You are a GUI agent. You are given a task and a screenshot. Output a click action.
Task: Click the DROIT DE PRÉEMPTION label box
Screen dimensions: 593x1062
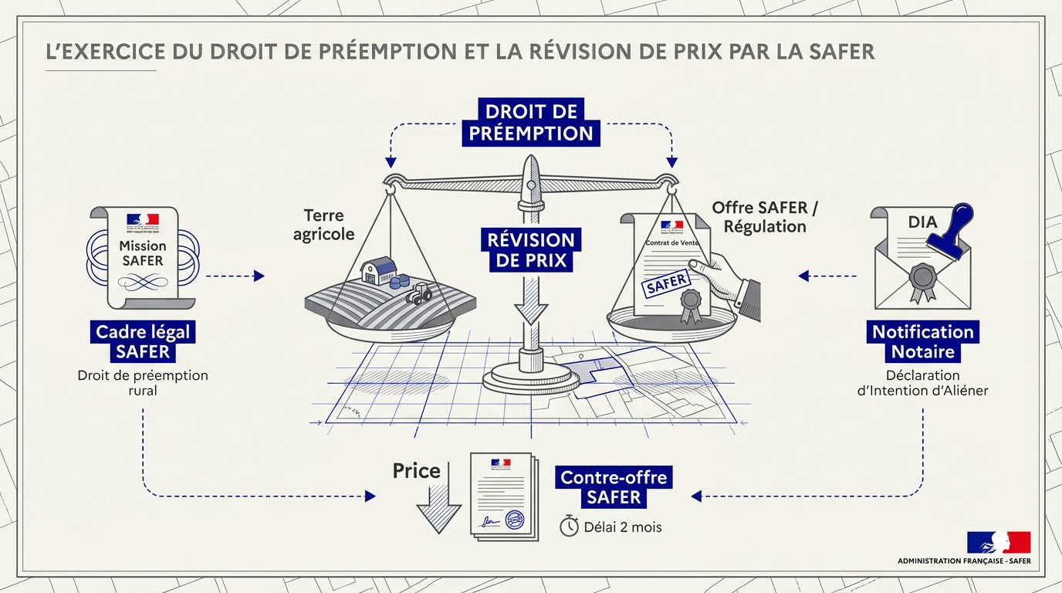coord(531,121)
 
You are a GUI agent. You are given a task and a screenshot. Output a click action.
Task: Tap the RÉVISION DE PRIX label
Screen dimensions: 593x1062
coord(531,250)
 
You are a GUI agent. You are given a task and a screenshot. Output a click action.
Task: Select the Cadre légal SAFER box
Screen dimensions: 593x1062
coord(142,342)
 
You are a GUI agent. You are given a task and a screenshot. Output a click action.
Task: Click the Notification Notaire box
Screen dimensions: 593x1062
coord(923,342)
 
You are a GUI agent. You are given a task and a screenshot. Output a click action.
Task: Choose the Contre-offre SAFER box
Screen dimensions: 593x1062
coord(614,486)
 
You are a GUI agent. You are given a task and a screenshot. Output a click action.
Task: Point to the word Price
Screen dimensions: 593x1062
coord(416,470)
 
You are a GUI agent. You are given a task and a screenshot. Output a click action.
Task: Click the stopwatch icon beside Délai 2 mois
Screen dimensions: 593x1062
coord(569,527)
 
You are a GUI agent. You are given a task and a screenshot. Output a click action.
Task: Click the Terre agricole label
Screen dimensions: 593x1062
coord(324,224)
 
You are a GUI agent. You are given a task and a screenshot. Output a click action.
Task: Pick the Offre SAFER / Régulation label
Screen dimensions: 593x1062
coord(759,217)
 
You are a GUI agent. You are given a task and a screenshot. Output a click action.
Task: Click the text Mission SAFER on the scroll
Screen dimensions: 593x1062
coord(143,252)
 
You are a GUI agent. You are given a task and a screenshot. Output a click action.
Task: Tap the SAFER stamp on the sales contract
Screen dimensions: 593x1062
coord(666,283)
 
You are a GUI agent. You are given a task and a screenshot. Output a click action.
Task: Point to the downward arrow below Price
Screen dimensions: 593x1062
coord(438,510)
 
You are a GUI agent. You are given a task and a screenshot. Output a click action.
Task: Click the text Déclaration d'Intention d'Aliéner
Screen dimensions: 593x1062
coord(923,383)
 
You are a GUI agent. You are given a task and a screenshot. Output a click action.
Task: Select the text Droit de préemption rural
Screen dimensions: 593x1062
coord(143,383)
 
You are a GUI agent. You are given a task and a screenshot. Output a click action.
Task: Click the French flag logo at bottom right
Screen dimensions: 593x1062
coord(998,542)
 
